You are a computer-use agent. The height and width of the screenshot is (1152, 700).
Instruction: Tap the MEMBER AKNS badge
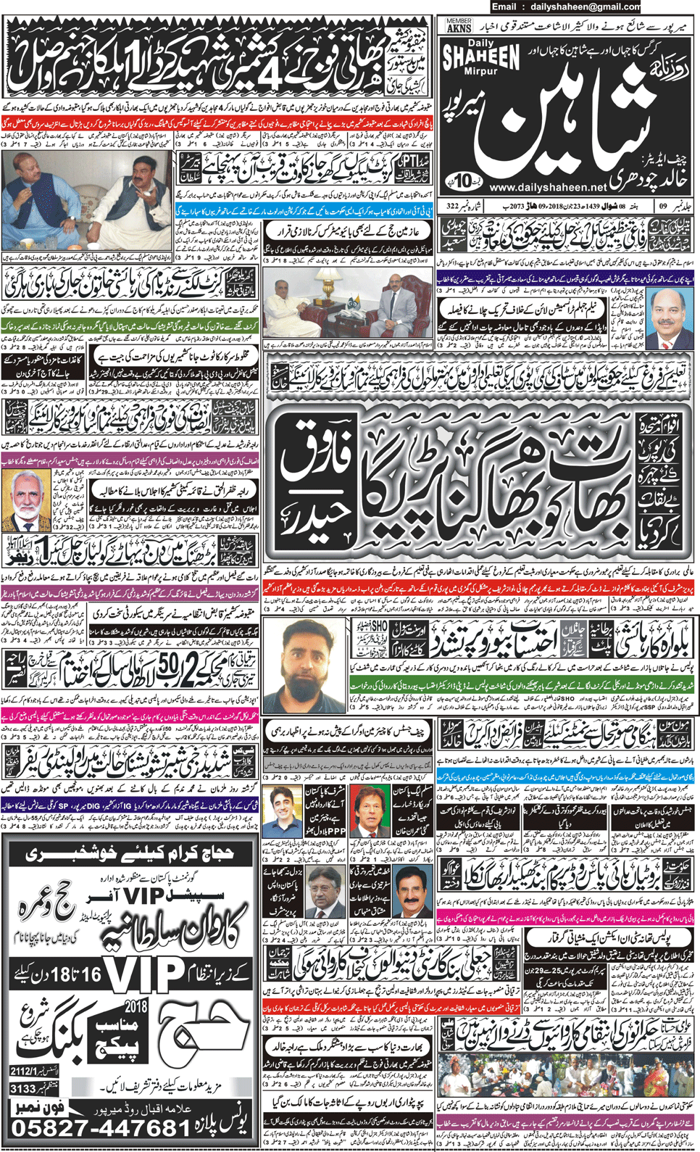[x=458, y=26]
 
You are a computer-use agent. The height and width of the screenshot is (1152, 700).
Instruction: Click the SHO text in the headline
[x=379, y=626]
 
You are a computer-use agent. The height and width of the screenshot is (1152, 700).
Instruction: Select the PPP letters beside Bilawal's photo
[x=336, y=830]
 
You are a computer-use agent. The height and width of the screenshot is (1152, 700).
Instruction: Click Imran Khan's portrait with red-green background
[x=370, y=810]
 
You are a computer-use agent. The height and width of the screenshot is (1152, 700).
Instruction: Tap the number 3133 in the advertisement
[x=24, y=1088]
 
